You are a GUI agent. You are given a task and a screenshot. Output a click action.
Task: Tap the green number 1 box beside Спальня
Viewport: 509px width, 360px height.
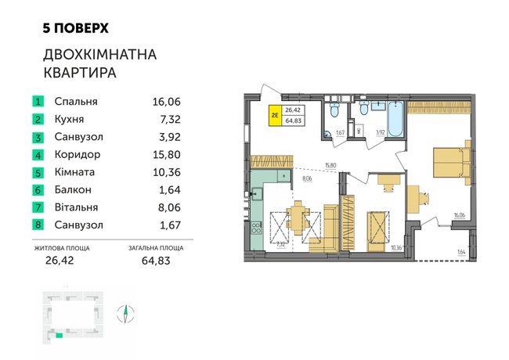pos(37,102)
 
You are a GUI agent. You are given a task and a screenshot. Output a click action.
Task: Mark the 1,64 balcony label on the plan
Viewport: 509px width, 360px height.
pos(461,251)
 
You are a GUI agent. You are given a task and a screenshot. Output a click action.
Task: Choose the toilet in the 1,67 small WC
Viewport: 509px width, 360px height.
pos(334,112)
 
